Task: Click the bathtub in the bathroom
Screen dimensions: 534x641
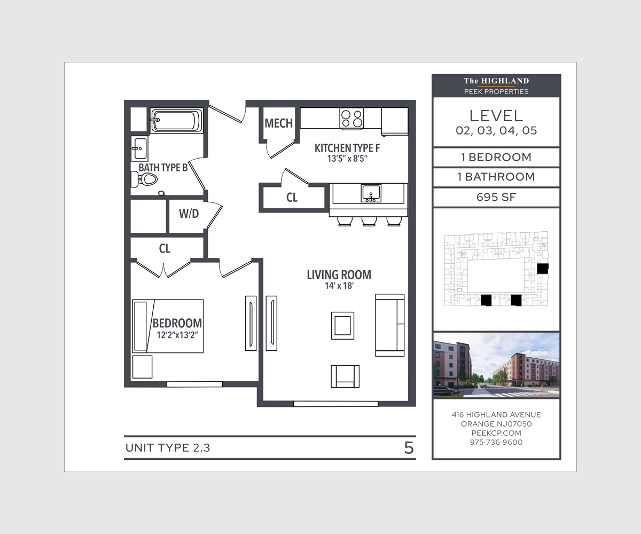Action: tap(176, 120)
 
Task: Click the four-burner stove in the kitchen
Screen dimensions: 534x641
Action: tap(351, 118)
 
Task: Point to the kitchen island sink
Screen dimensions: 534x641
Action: tap(371, 192)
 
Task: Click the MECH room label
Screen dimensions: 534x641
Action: tap(278, 123)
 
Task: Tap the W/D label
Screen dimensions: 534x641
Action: tap(189, 214)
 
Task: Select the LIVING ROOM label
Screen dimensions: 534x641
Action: tap(339, 275)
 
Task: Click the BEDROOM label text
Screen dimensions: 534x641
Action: tap(177, 323)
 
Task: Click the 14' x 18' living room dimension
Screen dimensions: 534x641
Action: tap(339, 287)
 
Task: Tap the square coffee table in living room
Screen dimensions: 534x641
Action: tap(342, 325)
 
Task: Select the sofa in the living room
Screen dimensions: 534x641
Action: tap(390, 325)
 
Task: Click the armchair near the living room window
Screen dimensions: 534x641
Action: tap(345, 376)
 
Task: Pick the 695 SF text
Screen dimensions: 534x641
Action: tap(496, 197)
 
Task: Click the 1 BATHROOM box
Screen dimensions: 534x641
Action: tap(496, 177)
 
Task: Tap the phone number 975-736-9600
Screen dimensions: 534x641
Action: tap(496, 442)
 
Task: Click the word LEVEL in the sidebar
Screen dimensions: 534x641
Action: tap(496, 115)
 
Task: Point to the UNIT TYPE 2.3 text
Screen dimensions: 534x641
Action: tap(168, 448)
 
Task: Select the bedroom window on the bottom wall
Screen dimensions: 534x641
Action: tap(194, 384)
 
